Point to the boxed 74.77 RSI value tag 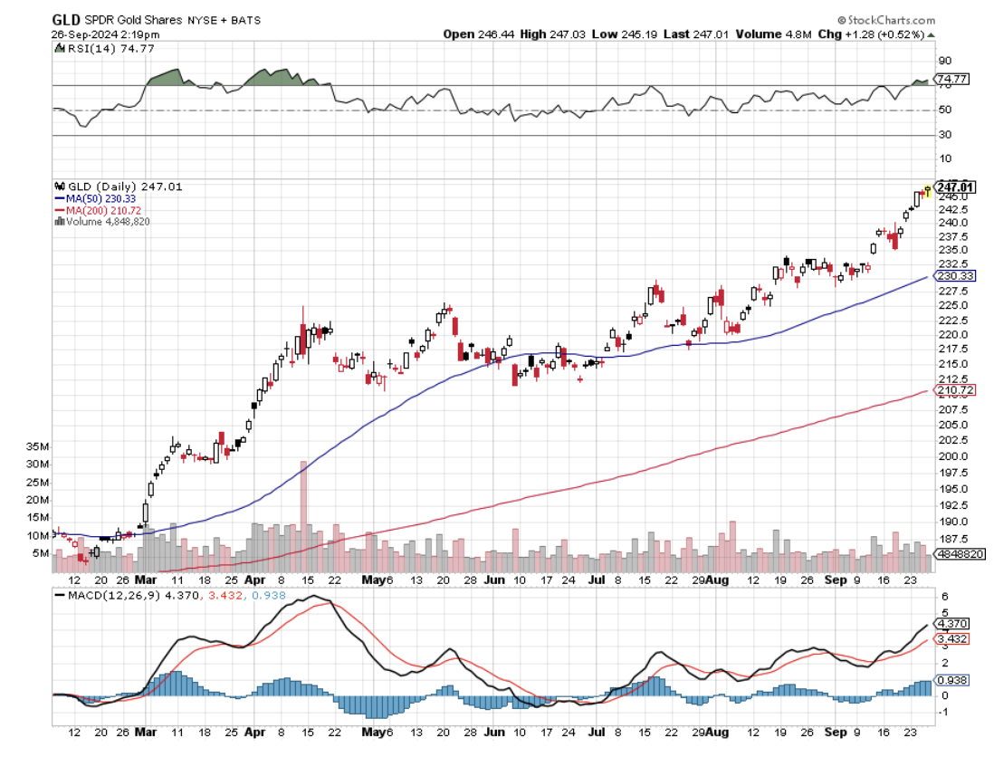coord(956,80)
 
